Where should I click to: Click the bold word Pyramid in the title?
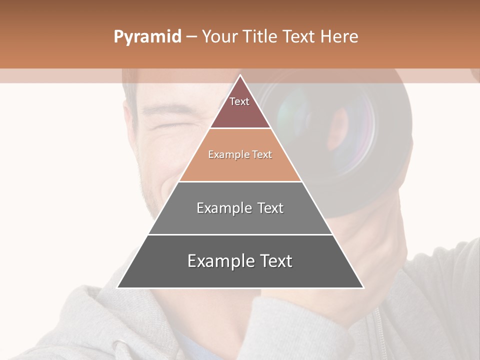click(x=147, y=37)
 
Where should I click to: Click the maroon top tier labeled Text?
click(x=239, y=107)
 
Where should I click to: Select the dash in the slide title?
click(x=191, y=37)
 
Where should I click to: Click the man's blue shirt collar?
click(x=200, y=345)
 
